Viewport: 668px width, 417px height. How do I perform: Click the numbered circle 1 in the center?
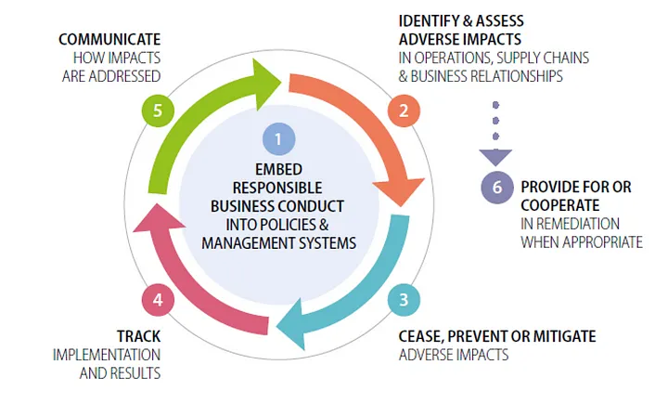pos(278,139)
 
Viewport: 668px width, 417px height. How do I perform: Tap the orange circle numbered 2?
pos(403,111)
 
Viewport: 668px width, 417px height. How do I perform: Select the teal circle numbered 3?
pos(403,299)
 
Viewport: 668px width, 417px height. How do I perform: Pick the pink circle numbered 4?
pos(158,299)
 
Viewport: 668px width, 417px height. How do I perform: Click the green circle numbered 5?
pos(158,111)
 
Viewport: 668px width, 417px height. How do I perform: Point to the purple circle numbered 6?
pos(497,187)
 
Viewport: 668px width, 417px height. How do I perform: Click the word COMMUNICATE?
pos(109,39)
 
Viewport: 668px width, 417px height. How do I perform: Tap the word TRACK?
pos(139,336)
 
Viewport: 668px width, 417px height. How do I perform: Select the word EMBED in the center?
pos(278,169)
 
